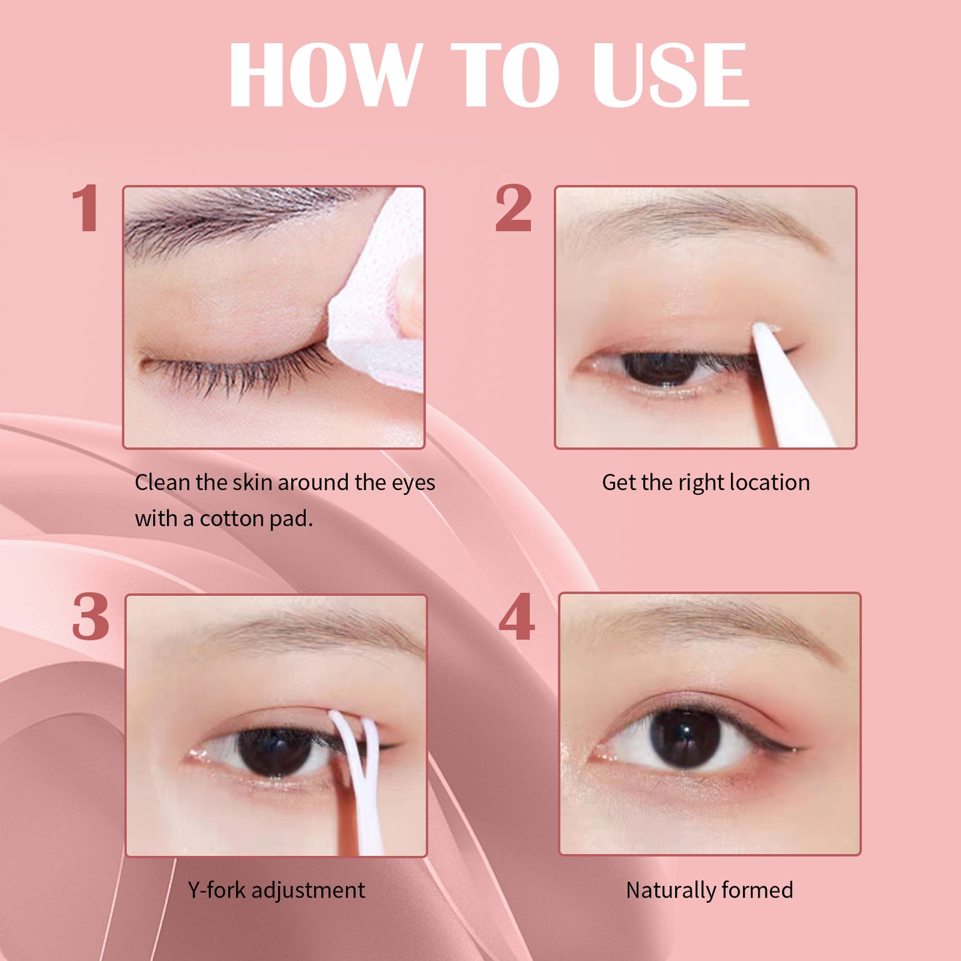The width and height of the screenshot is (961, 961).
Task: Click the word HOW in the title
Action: point(326,74)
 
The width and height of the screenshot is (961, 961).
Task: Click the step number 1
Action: point(86,209)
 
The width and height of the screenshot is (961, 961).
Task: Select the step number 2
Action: point(513,209)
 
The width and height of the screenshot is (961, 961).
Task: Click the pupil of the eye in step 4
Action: point(685,738)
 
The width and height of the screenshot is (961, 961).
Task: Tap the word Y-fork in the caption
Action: point(216,890)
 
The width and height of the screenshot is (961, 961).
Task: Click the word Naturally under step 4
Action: point(669,890)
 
